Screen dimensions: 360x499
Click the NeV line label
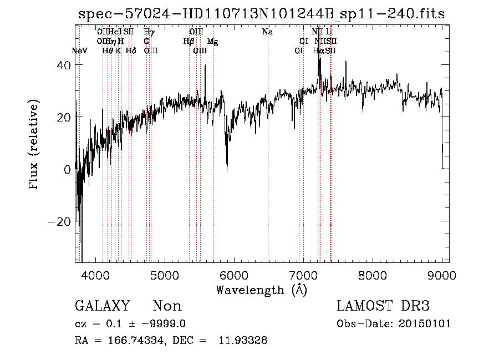[80, 50]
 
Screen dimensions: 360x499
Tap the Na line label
[268, 32]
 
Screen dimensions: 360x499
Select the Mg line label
[212, 42]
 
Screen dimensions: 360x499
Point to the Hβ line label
[189, 41]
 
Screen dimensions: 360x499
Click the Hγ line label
[149, 32]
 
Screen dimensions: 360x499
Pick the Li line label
[329, 32]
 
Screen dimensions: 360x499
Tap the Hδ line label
[131, 50]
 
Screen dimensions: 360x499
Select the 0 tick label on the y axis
[67, 170]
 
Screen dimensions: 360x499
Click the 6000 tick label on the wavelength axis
[234, 275]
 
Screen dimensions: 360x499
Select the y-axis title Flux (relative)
[34, 144]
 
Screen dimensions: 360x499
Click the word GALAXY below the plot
[103, 306]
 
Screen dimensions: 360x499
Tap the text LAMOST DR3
[383, 306]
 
